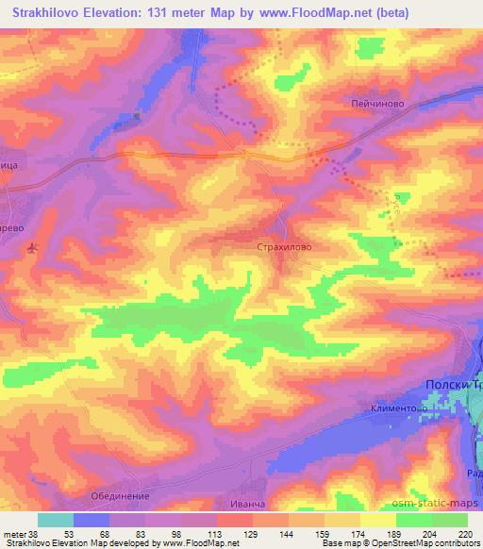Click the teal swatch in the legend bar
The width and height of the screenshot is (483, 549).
pos(56,520)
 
